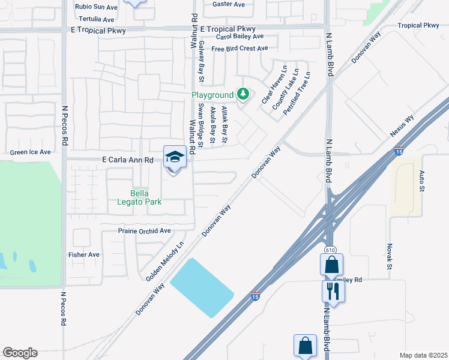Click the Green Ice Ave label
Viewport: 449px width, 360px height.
click(x=29, y=152)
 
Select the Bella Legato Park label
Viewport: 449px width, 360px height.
click(x=147, y=197)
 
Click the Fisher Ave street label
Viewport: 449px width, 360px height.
click(x=84, y=254)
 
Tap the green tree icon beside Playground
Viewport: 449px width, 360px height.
click(x=243, y=94)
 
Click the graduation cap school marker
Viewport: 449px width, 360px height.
click(x=175, y=157)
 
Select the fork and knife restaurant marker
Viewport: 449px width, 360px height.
click(x=332, y=291)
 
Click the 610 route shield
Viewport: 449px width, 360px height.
click(x=330, y=250)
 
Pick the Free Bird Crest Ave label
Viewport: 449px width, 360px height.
click(x=239, y=49)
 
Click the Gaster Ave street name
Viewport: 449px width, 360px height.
click(x=229, y=4)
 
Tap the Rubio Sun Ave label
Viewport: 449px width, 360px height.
click(x=96, y=7)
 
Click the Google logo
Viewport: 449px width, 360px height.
click(x=20, y=352)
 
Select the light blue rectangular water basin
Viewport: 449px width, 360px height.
click(x=202, y=287)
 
